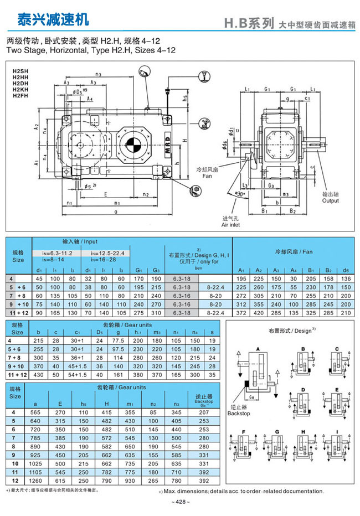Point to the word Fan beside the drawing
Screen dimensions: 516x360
tap(208, 176)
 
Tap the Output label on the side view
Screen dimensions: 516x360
tap(331, 201)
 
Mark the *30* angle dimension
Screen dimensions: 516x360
tap(240, 195)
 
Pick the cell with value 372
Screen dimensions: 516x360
tap(240, 312)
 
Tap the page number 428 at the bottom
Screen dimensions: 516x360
tap(180, 502)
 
